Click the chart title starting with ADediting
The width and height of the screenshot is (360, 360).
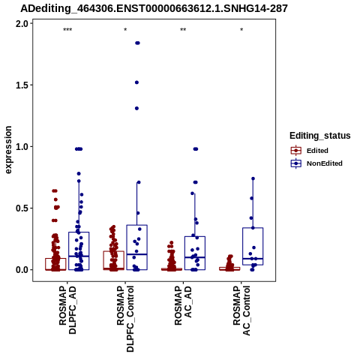click(x=154, y=8)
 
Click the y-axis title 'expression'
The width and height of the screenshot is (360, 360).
click(x=8, y=150)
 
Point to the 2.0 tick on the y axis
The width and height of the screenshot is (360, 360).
click(x=22, y=24)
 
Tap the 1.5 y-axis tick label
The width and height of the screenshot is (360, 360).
click(x=22, y=85)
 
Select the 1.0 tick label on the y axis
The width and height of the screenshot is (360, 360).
click(x=22, y=147)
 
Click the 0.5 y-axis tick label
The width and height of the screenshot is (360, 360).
click(x=22, y=208)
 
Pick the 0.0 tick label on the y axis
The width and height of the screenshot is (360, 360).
click(x=22, y=270)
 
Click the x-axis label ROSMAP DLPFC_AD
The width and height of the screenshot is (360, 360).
click(x=67, y=310)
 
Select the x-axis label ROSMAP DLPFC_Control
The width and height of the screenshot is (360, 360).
click(x=125, y=319)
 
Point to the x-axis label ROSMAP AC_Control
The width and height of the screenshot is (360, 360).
click(x=241, y=310)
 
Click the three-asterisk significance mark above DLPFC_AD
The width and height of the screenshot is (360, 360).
click(x=67, y=30)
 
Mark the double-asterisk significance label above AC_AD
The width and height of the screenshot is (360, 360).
click(x=183, y=30)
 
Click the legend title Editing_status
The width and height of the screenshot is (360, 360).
click(x=320, y=136)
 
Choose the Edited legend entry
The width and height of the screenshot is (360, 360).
click(x=310, y=151)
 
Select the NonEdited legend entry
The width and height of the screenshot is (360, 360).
click(x=316, y=163)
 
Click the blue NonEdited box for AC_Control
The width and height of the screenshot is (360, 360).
click(x=253, y=246)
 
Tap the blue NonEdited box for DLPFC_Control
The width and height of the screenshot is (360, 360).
click(x=137, y=247)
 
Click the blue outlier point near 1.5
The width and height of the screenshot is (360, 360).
click(x=136, y=82)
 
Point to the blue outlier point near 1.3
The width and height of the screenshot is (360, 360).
click(x=136, y=108)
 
